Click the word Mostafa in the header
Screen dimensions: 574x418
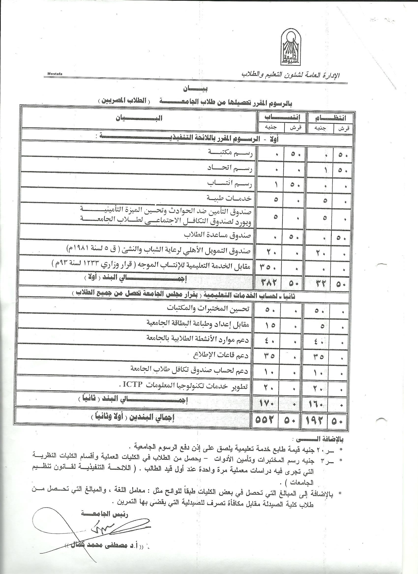pyautogui.click(x=55, y=74)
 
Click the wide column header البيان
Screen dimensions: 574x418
pyautogui.click(x=139, y=118)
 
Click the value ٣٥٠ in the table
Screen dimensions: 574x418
pyautogui.click(x=269, y=267)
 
